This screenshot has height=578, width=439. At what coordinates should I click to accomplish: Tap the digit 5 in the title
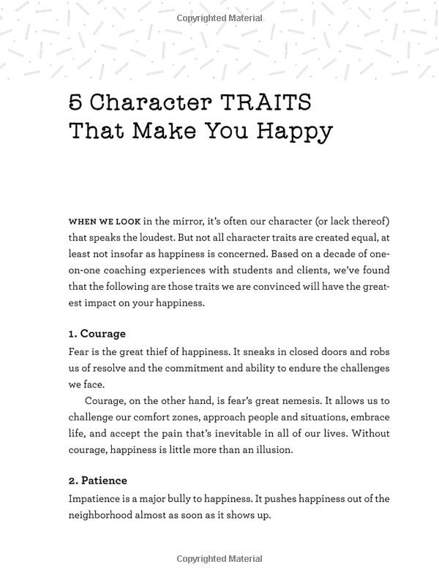tap(75, 101)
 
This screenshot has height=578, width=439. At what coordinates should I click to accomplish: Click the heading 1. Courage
tap(97, 334)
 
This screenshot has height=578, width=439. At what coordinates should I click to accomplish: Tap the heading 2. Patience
tap(98, 481)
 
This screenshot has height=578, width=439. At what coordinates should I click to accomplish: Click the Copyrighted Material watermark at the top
tap(219, 17)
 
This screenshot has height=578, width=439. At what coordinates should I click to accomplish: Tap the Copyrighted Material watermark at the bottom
tap(219, 560)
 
